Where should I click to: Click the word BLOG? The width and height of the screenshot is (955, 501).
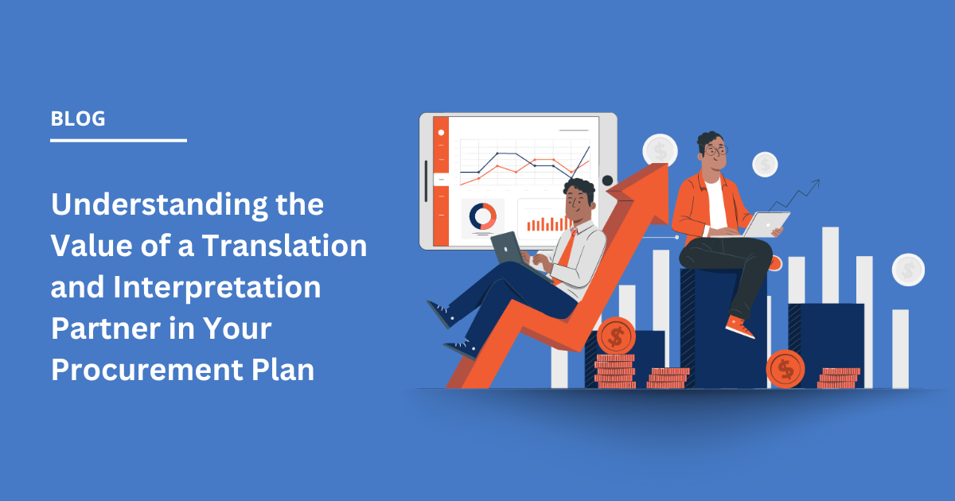[x=78, y=118]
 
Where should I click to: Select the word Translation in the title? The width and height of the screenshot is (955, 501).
[x=284, y=246]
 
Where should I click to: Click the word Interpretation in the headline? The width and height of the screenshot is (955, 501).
[x=216, y=288]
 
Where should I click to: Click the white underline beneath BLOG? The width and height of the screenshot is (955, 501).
[x=119, y=140]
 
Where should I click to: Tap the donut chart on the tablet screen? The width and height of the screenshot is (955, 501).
[x=482, y=216]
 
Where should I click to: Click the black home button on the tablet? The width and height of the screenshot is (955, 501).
[x=607, y=181]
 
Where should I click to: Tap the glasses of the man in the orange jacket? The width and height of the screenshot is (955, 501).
[x=716, y=150]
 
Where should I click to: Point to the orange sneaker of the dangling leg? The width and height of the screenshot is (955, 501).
[x=739, y=327]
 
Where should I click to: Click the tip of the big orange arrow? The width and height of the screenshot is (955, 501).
[x=668, y=164]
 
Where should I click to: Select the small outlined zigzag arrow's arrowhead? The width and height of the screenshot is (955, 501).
[x=816, y=183]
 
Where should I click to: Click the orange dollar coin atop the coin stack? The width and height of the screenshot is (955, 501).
[x=616, y=336]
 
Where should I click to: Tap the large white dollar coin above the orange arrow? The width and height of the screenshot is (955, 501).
[x=660, y=151]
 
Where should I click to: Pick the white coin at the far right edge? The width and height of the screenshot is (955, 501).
[x=908, y=270]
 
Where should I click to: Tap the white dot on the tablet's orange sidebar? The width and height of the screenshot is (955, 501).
[x=441, y=133]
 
